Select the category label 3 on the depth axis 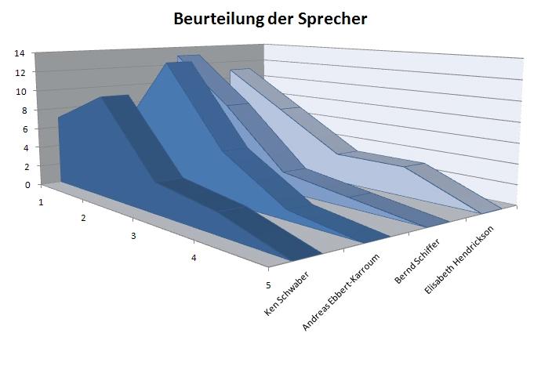pyautogui.click(x=134, y=236)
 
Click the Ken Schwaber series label pyautogui.click(x=288, y=294)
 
